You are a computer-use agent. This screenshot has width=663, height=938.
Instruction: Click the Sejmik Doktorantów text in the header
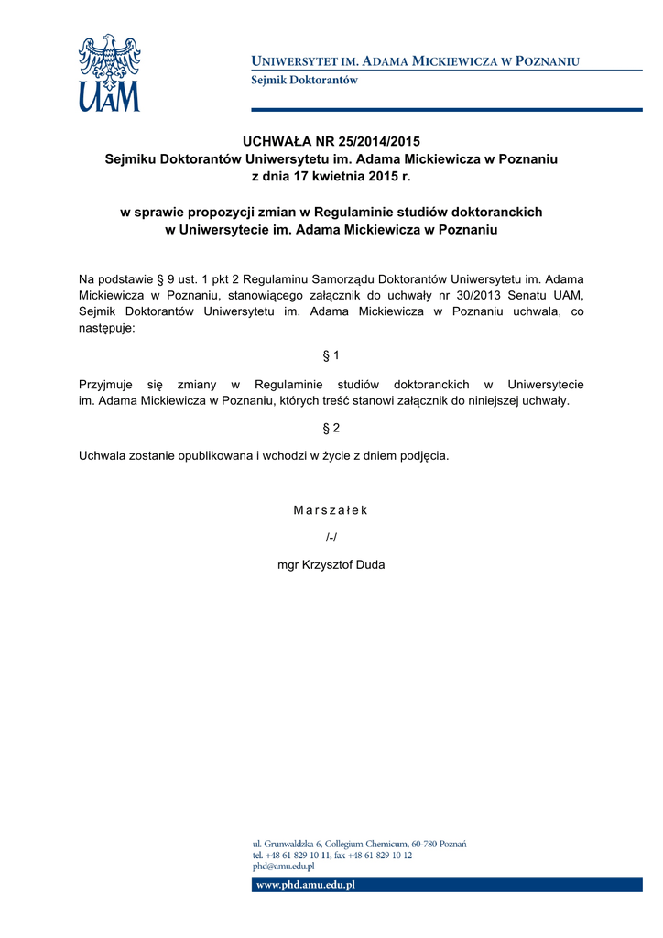[304, 81]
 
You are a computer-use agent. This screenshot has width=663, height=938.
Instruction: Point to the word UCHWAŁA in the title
[276, 141]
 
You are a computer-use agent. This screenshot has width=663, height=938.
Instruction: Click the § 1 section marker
[331, 354]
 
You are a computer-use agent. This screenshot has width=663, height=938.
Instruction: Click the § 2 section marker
[331, 428]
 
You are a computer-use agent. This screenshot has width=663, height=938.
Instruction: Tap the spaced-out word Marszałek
[331, 510]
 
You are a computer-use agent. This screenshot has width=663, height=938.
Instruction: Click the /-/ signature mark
[331, 537]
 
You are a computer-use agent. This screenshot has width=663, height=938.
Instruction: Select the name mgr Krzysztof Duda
[331, 564]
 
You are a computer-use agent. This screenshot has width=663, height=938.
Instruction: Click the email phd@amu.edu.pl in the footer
[284, 866]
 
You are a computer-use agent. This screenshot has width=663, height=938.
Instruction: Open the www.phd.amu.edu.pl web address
[305, 885]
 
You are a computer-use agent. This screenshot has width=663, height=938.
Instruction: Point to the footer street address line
[360, 844]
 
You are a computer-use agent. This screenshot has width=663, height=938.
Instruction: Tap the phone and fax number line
[332, 855]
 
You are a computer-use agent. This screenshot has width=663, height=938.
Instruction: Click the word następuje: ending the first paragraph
[106, 328]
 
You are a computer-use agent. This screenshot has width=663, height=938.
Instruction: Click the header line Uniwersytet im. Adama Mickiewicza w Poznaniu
[416, 61]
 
